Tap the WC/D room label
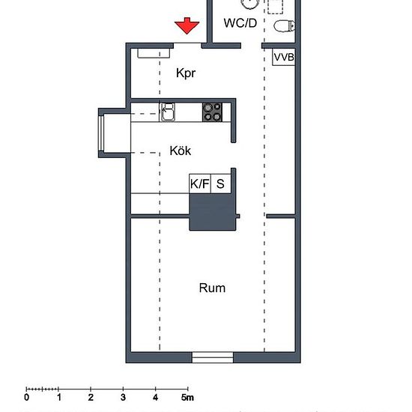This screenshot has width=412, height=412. pos(240,23)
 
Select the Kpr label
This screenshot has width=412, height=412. pos(186,73)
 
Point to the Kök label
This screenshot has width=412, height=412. pos(181,151)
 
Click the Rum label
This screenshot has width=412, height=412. pos(212,288)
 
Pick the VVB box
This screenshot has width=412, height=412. pos(283,57)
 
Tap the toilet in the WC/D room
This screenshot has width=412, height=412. pos(284,26)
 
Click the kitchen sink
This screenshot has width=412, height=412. pos(168,112)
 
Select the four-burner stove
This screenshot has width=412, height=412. pos(212,112)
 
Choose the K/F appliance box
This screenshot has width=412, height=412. pos(200,184)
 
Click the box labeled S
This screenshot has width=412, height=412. pos(221,184)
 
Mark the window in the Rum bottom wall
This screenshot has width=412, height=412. pos(213,357)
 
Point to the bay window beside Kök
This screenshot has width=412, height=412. pos(101,133)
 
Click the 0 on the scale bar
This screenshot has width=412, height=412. pos(26,397)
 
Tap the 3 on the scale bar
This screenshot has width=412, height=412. pos(123,397)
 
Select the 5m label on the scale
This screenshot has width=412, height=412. pos(187,397)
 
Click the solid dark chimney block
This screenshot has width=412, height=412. pos(213,212)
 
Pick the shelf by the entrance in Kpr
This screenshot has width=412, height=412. pos(154,53)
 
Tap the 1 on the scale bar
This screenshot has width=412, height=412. pos(59,397)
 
